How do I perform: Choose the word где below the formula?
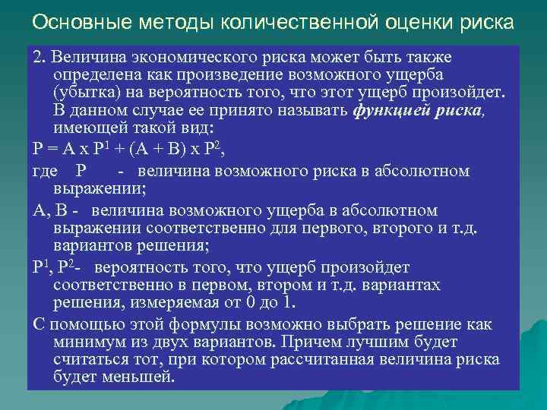[47, 171]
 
